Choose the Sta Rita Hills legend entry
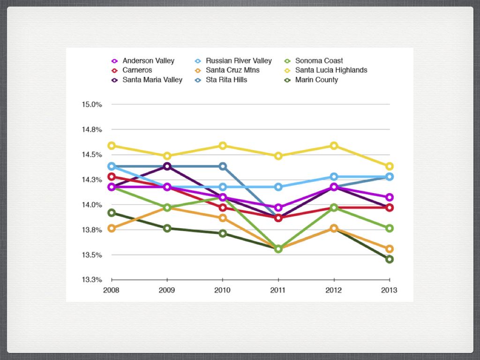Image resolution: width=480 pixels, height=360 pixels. point(226,80)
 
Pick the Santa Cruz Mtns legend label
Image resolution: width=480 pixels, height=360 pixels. point(232,70)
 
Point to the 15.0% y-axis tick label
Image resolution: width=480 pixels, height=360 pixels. point(93,104)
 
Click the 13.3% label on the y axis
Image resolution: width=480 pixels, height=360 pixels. point(93,280)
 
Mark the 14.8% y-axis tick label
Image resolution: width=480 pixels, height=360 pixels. point(93,129)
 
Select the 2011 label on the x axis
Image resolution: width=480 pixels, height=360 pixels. point(278,290)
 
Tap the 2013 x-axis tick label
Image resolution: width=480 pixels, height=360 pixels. point(389,290)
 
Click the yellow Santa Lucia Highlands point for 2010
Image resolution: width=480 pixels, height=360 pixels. point(223,146)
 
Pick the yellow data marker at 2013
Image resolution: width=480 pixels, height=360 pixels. point(389,166)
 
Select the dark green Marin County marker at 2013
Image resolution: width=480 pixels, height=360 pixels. point(389,259)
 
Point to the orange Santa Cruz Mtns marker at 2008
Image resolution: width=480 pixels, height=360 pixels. point(112,228)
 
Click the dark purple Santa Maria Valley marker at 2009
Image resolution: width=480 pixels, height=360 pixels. point(167,166)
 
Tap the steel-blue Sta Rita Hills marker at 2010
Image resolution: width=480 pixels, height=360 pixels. point(223,166)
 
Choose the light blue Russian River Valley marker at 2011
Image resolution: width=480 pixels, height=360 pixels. point(278,187)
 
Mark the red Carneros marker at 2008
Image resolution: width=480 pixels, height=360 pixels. point(112,177)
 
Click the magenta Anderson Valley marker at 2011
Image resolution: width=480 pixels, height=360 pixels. point(278,208)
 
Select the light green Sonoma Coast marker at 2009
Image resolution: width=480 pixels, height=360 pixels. point(167,208)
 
